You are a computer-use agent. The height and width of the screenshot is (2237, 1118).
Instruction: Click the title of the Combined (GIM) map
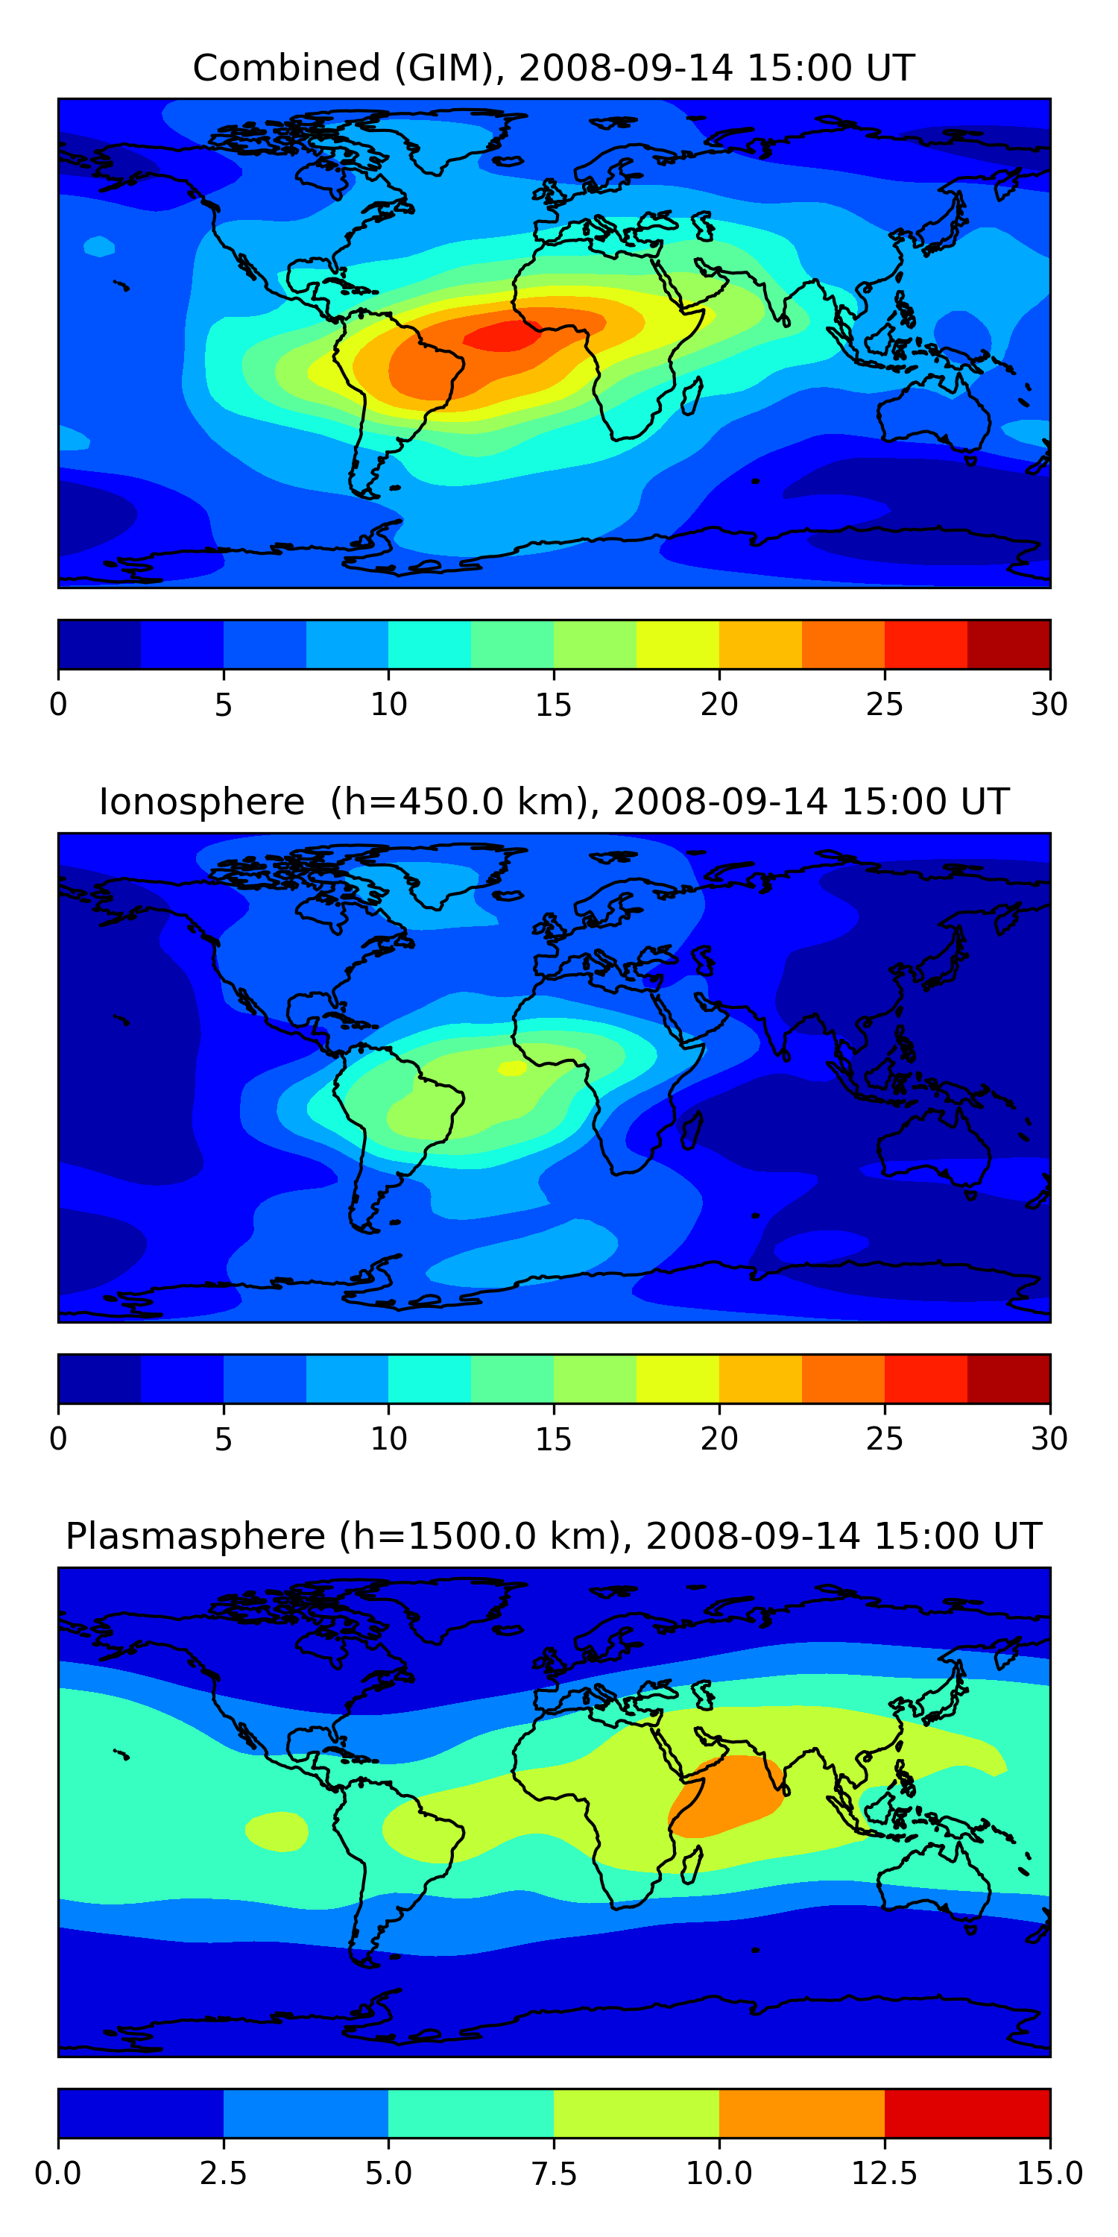point(554,68)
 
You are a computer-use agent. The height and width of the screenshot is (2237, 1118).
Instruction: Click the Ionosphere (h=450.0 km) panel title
point(554,802)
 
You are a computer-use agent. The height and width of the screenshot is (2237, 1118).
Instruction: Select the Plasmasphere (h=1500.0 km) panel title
point(554,1536)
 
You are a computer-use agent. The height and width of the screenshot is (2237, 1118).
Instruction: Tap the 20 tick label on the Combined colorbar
point(719,704)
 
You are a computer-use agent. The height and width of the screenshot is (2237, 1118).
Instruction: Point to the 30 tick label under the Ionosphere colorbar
point(1049,1439)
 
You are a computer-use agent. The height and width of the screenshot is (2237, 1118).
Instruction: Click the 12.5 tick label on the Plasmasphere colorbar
point(884,2173)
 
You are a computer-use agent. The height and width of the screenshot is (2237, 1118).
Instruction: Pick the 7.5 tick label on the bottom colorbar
point(554,2173)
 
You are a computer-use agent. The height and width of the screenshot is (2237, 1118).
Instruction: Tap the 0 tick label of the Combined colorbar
point(58,704)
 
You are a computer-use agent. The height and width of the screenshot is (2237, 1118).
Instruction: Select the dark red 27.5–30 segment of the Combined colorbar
point(1008,644)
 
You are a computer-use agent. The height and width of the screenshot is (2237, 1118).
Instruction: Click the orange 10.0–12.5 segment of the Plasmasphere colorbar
point(801,2112)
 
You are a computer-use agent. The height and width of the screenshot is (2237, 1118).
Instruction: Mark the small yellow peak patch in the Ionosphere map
point(512,1068)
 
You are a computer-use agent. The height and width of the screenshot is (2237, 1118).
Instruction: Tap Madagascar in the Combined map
point(692,395)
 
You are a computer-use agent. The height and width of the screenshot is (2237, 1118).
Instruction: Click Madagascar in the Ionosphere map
point(692,1129)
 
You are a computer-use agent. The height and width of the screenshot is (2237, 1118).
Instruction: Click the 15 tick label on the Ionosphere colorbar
point(553,1439)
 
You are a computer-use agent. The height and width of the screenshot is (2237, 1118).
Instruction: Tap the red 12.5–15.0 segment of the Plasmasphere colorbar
point(966,2112)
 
